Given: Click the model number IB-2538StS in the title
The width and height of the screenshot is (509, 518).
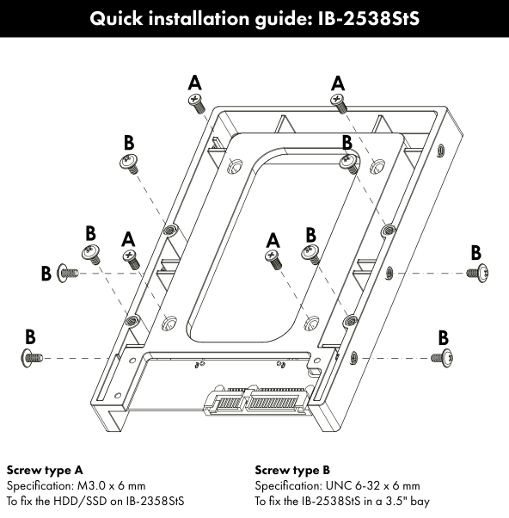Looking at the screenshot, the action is pos(368,18).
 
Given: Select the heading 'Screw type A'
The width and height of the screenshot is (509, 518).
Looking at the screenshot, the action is pos(45,470).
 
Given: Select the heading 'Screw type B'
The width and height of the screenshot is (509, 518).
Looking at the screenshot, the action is pos(292,470).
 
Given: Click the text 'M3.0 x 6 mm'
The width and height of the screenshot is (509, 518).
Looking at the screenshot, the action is pos(111,485).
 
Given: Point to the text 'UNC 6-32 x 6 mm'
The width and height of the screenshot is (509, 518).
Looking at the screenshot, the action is pos(372,485).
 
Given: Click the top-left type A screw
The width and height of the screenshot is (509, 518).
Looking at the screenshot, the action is pos(197,103).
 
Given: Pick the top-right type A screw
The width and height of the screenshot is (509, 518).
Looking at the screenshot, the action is pos(339,103).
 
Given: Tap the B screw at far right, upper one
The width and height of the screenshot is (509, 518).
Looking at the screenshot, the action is pos(478,274).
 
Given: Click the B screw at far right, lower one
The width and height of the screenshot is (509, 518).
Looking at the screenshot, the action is pos(442,358).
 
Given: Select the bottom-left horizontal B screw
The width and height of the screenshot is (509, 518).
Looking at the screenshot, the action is pos(32,358).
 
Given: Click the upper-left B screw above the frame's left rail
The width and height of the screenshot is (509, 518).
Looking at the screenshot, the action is pos(129,163).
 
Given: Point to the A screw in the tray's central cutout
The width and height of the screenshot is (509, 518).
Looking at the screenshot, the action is pos(273,260).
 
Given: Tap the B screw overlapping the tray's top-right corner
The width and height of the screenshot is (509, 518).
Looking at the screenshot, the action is pos(349,164).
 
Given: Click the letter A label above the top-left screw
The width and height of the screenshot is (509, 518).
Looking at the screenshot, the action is pos(195,83).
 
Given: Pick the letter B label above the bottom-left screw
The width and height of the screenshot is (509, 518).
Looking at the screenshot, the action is pos(30,336).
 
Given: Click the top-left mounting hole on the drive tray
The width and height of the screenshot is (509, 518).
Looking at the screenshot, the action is pos(235,166).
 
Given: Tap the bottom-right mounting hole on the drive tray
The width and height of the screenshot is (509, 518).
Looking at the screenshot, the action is pos(311,323).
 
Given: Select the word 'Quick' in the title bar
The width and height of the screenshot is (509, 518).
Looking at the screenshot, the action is pos(116,18).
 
